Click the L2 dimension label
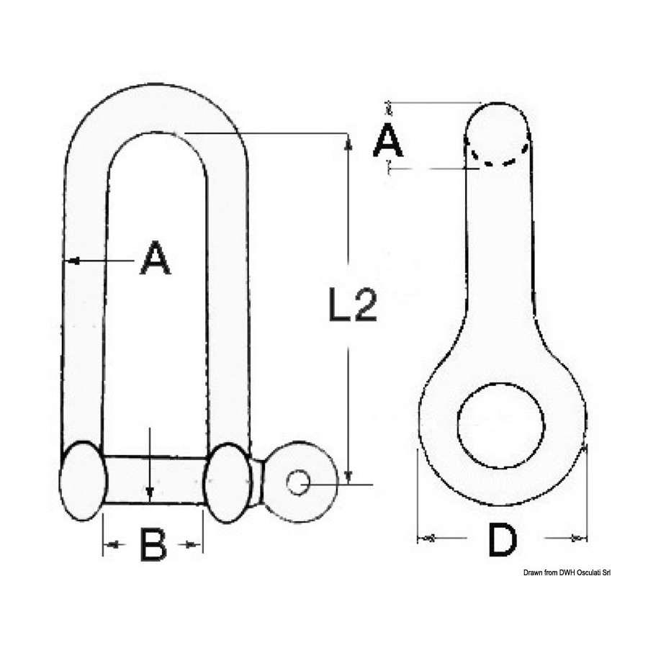click(353, 305)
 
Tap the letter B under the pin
click(153, 544)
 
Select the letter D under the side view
click(502, 539)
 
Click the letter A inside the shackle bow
click(155, 258)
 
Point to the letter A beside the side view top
click(387, 139)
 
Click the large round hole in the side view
click(501, 426)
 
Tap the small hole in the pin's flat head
click(298, 482)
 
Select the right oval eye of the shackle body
click(229, 482)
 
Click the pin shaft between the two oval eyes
click(156, 480)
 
